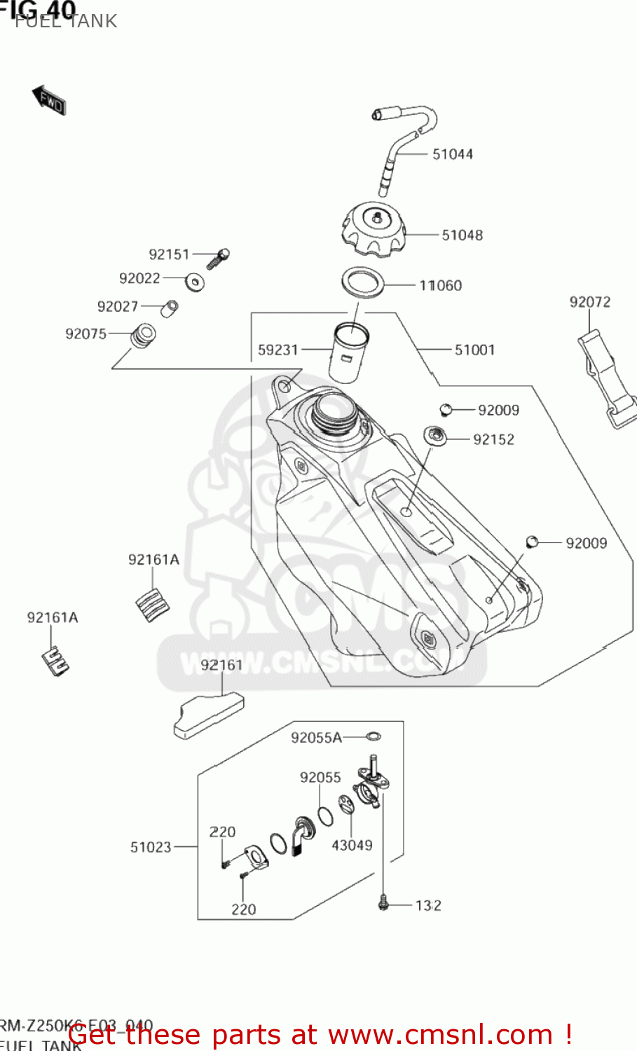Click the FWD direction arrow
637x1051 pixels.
pyautogui.click(x=49, y=100)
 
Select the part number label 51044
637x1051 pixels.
pyautogui.click(x=452, y=154)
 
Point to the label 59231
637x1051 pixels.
pyautogui.click(x=278, y=350)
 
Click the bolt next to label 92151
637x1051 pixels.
pyautogui.click(x=219, y=259)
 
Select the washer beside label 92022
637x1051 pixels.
pyautogui.click(x=194, y=282)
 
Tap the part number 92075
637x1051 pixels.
pyautogui.click(x=85, y=334)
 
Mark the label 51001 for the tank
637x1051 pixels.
pyautogui.click(x=474, y=350)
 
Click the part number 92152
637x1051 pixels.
pyautogui.click(x=493, y=439)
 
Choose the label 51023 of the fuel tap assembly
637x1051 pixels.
pyautogui.click(x=151, y=847)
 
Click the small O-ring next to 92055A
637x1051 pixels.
pyautogui.click(x=374, y=736)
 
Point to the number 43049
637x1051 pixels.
pyautogui.click(x=352, y=845)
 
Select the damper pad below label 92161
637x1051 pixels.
pyautogui.click(x=208, y=715)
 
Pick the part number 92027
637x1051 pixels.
pyautogui.click(x=117, y=306)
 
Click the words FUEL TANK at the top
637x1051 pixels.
pyautogui.click(x=66, y=21)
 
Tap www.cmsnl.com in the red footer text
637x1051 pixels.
pyautogui.click(x=441, y=1034)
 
